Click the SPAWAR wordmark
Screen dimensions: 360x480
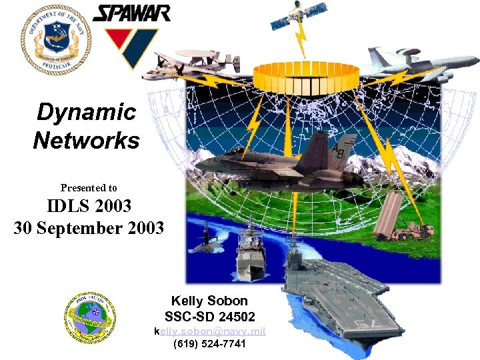click(x=131, y=13)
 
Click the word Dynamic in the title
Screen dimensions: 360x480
click(x=86, y=112)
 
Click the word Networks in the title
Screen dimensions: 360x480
click(x=86, y=141)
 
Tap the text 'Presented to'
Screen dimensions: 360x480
click(x=89, y=188)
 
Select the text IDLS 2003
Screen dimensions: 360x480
click(x=89, y=206)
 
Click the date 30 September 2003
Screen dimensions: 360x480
click(x=89, y=228)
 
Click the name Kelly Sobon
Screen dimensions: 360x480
click(x=209, y=301)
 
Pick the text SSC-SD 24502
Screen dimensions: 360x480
click(x=209, y=316)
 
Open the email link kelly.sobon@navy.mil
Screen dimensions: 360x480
click(x=210, y=331)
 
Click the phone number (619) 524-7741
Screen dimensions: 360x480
click(x=209, y=345)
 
